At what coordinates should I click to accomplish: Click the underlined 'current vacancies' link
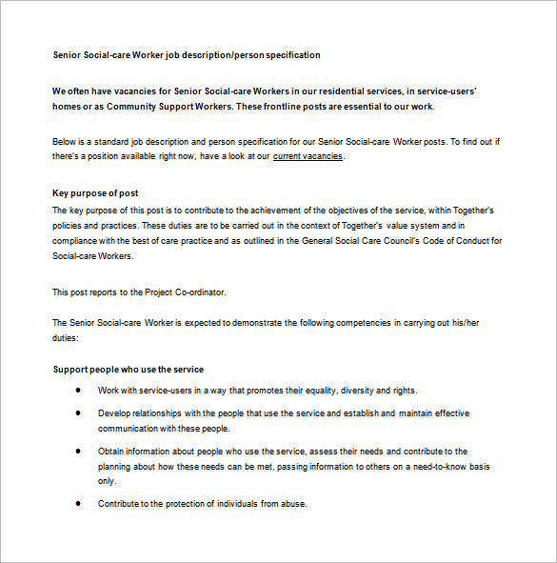308,156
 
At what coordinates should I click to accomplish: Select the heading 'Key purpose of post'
95,192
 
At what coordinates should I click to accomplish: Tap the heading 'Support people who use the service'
128,369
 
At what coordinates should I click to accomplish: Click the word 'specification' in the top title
289,55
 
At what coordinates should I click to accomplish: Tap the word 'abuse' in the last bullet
295,503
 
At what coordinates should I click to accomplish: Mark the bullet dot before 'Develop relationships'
77,413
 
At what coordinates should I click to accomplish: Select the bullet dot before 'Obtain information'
77,451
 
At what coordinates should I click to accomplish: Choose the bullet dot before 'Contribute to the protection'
77,503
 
